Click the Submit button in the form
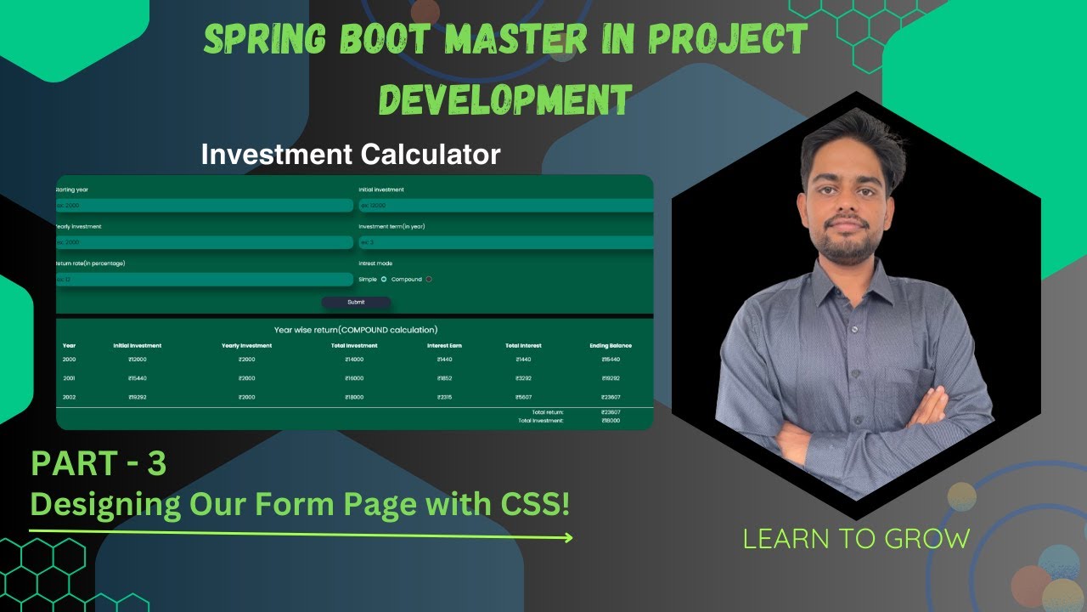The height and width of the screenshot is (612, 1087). pos(356,302)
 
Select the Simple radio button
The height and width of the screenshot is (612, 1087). pos(384,279)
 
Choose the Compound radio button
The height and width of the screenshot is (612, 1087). pos(429,279)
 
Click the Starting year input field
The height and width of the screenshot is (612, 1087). pos(204,206)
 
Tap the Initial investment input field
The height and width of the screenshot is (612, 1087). pos(506,206)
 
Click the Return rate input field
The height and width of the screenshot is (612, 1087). pos(204,280)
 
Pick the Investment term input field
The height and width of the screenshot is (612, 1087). pos(506,242)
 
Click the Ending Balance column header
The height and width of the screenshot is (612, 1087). pos(611,346)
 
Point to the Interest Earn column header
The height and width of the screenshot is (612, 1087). pos(444,346)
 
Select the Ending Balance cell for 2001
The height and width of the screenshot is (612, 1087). pos(611,378)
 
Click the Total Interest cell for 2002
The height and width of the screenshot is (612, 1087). pos(523,397)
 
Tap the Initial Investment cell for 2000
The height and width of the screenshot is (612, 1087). pos(137,360)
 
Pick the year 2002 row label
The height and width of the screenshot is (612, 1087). pos(70,397)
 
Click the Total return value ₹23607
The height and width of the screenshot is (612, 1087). pos(611,412)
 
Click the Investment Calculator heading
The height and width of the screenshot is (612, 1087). pos(351,155)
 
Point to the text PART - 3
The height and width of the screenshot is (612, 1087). pos(99,464)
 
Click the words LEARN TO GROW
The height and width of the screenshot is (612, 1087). pos(856,539)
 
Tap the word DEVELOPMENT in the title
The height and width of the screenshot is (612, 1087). pos(504,99)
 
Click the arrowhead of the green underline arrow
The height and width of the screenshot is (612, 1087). pos(569,537)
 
